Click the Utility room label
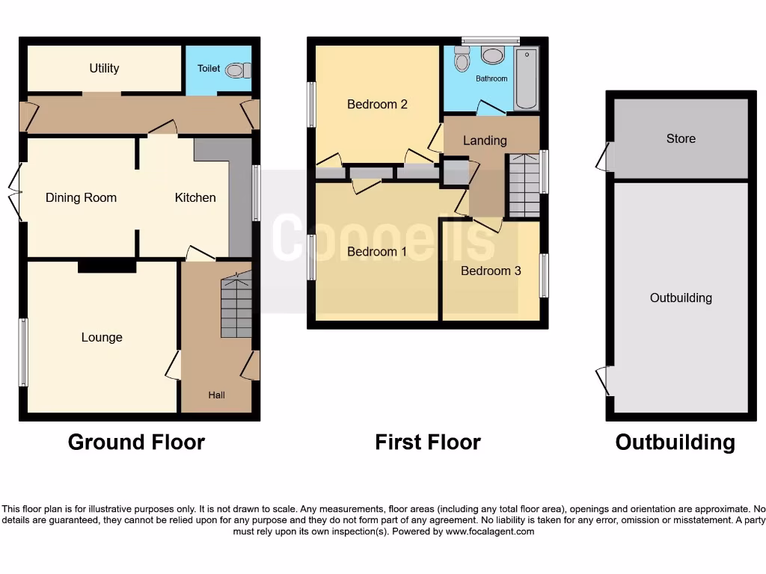pyautogui.click(x=104, y=68)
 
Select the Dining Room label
pyautogui.click(x=81, y=197)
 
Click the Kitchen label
pyautogui.click(x=195, y=197)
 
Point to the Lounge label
pyautogui.click(x=102, y=337)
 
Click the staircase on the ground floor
pyautogui.click(x=236, y=307)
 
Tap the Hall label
pyautogui.click(x=216, y=395)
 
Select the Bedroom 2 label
pyautogui.click(x=377, y=104)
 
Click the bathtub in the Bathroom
pyautogui.click(x=526, y=78)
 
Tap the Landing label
pyautogui.click(x=485, y=140)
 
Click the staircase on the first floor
pyautogui.click(x=524, y=184)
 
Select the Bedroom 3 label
pyautogui.click(x=491, y=271)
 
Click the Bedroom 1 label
pyautogui.click(x=377, y=251)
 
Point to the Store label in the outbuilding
pyautogui.click(x=681, y=138)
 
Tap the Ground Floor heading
pyautogui.click(x=136, y=442)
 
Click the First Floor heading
pyautogui.click(x=427, y=442)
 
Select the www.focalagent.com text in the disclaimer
pyautogui.click(x=490, y=531)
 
